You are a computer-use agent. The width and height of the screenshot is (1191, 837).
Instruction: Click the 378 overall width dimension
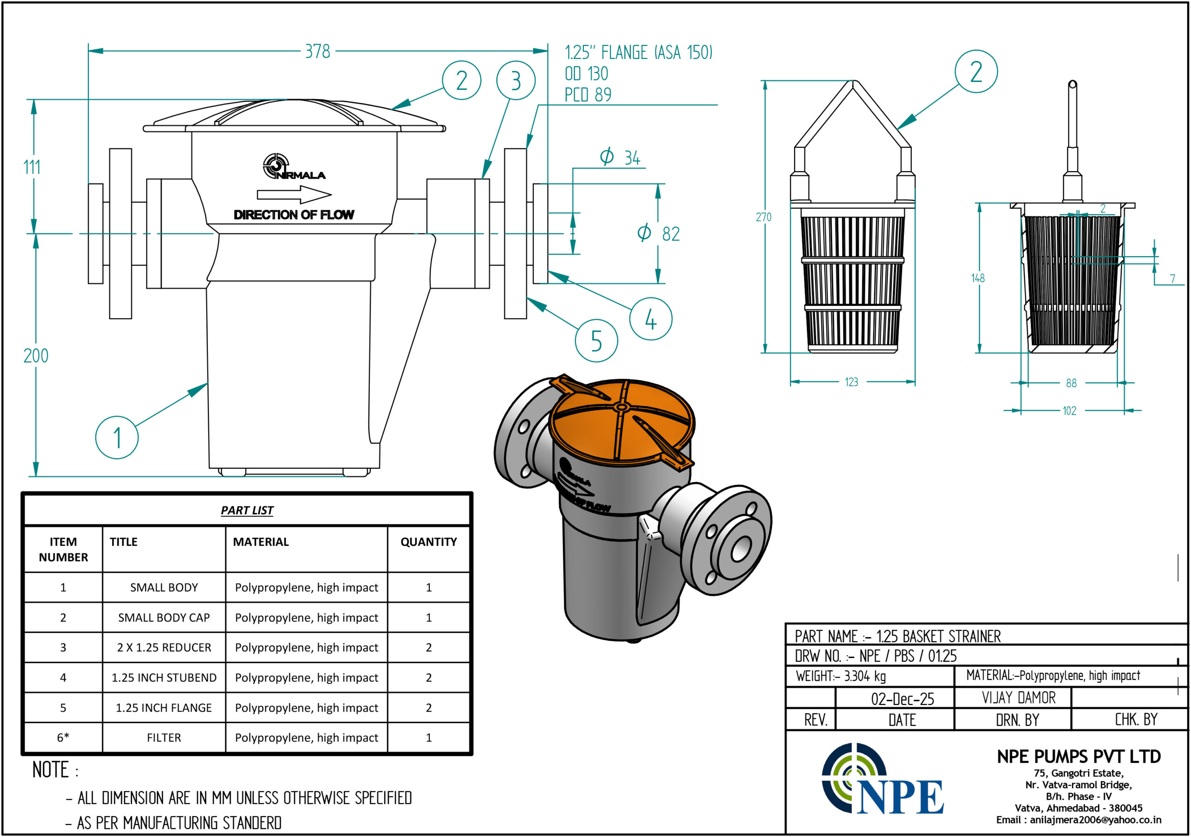click(317, 51)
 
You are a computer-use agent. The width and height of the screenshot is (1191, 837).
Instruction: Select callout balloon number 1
click(117, 437)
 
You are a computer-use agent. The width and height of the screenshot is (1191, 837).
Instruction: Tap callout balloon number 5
click(596, 341)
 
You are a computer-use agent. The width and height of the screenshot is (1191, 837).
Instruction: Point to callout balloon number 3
click(515, 80)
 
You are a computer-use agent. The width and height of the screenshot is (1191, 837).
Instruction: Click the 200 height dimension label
click(36, 356)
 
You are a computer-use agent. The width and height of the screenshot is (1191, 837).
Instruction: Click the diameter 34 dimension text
click(621, 157)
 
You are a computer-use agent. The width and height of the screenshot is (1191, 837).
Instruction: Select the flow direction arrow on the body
click(294, 195)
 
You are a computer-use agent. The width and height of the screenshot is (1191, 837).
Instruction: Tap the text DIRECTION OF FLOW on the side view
click(294, 215)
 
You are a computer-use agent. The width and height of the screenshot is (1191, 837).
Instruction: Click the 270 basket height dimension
click(763, 217)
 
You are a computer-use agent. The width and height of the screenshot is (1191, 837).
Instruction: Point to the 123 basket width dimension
click(851, 382)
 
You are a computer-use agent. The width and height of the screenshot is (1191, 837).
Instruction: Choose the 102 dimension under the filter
click(1069, 411)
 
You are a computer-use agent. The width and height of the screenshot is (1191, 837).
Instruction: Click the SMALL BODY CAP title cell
click(164, 618)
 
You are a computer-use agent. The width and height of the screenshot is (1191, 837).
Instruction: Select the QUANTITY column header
click(428, 542)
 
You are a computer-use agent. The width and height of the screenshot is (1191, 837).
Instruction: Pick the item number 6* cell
click(63, 737)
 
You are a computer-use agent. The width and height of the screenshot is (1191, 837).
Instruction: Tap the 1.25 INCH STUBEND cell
click(164, 678)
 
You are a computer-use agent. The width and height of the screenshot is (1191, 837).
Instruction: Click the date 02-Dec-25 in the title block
click(902, 699)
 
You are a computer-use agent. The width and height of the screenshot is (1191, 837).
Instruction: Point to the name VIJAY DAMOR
click(1018, 698)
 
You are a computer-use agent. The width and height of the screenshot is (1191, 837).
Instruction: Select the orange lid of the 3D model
click(622, 420)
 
